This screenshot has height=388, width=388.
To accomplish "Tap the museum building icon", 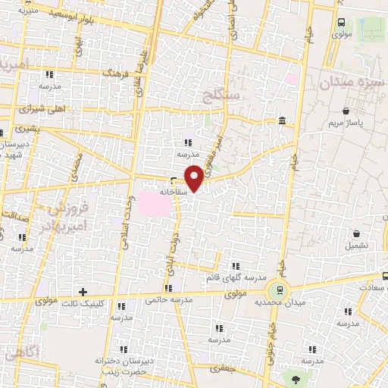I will pyautogui.click(x=282, y=121).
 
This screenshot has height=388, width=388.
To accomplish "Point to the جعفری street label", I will pyautogui.click(x=224, y=368).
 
